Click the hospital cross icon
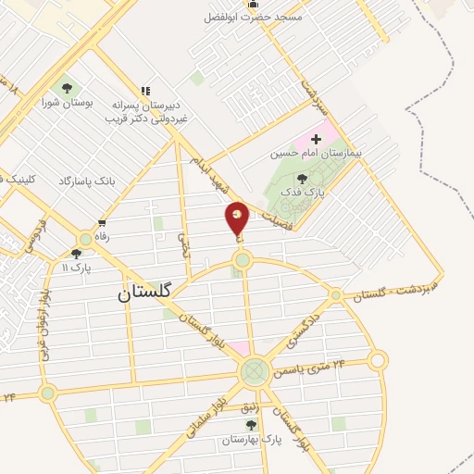click(317, 138)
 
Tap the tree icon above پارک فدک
click(303, 178)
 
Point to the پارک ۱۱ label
click(65, 267)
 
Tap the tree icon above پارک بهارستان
click(250, 425)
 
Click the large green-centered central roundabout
click(252, 373)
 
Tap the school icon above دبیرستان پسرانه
click(144, 91)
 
